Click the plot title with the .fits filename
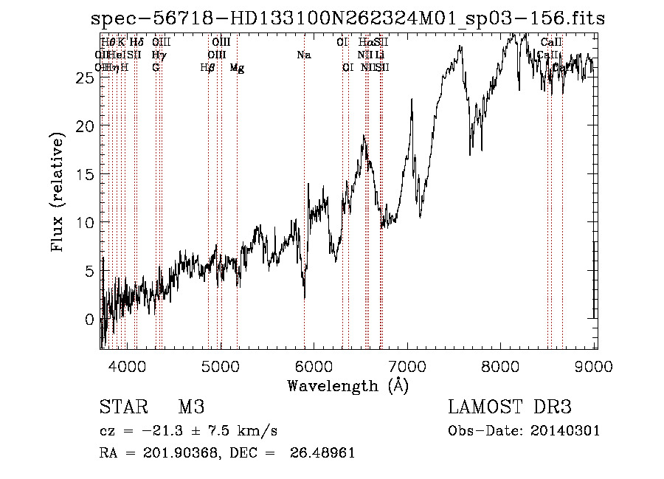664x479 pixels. click(347, 18)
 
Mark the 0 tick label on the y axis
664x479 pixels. click(90, 320)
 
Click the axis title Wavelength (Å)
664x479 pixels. click(347, 385)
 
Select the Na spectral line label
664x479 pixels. click(303, 55)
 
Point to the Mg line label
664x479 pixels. click(237, 68)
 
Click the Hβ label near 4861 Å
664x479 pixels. click(208, 68)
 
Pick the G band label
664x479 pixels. click(156, 68)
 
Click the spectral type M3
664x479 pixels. click(191, 407)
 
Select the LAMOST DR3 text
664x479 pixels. click(510, 407)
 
